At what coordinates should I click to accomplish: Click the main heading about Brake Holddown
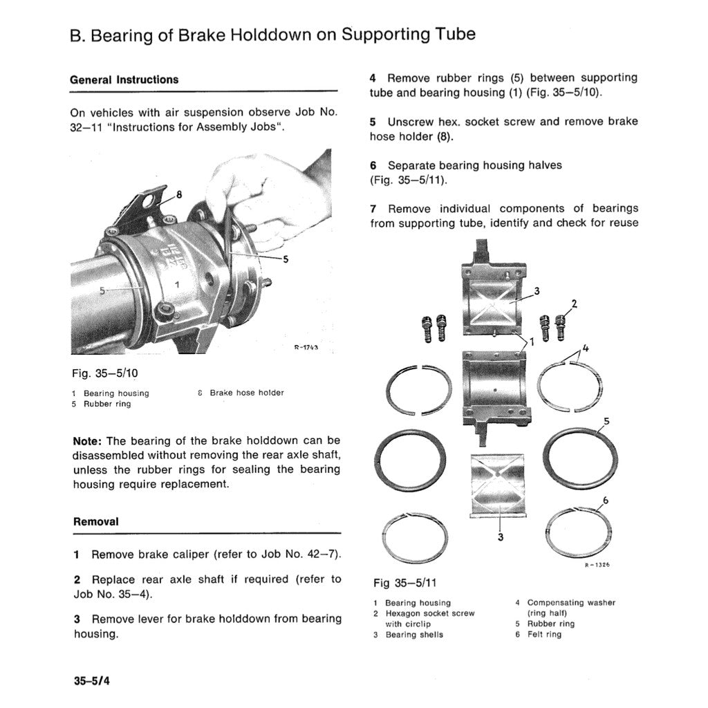[272, 35]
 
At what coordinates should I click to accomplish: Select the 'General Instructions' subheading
[124, 80]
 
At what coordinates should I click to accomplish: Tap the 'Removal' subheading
[95, 522]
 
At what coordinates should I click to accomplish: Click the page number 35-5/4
[92, 680]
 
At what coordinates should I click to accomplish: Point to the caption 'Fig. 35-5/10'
[105, 373]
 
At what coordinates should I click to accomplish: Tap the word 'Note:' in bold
[88, 441]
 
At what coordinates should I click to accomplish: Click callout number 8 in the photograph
[179, 194]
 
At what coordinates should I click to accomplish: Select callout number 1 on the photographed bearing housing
[176, 284]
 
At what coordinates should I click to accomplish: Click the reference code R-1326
[597, 565]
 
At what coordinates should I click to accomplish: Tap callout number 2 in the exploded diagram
[573, 303]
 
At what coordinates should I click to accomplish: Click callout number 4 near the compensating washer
[585, 349]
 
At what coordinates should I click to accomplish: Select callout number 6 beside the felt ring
[606, 501]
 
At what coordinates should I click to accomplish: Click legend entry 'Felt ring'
[544, 634]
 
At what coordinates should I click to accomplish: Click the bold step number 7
[373, 209]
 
